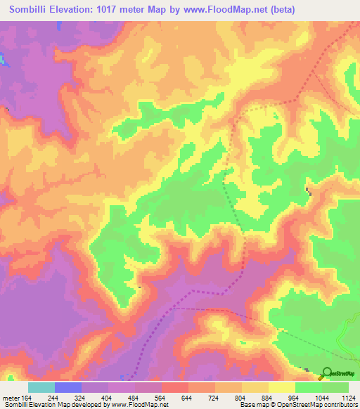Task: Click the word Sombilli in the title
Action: pos(31,10)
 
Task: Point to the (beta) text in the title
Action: pos(280,10)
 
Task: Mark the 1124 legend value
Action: pos(347,398)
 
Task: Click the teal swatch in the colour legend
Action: pos(41,387)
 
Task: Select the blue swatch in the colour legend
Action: pos(68,387)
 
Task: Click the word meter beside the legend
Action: pos(11,398)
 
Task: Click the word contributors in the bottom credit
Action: pos(340,405)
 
